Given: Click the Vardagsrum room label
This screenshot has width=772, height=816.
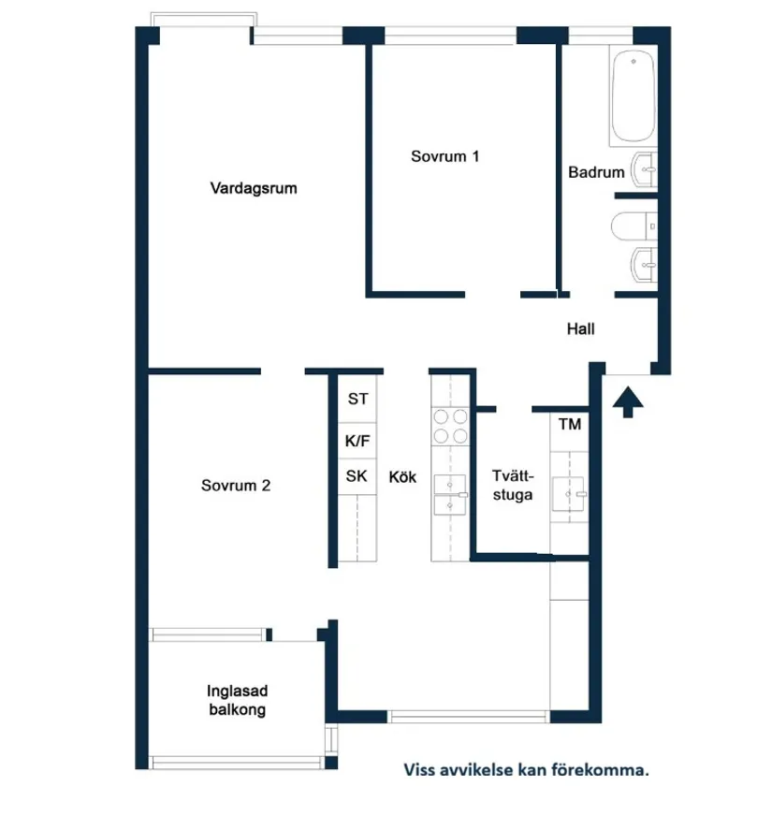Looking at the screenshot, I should point(254,188).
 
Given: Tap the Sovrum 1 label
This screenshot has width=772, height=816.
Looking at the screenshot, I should point(445,156).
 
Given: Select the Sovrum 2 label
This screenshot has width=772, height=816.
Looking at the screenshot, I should point(236,486).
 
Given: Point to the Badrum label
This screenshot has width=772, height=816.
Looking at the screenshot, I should point(596,172).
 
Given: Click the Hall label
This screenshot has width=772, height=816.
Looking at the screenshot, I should point(580,328).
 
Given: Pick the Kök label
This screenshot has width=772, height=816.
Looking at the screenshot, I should point(402,477).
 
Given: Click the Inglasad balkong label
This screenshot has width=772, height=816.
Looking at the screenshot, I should point(237,701).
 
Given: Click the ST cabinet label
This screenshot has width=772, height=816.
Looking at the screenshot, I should point(357,400).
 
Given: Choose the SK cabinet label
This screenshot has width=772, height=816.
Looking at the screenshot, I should point(357,476).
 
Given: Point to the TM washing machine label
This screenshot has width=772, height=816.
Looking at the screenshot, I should point(569,425).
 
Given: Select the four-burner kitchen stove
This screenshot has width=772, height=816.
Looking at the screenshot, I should point(451,427).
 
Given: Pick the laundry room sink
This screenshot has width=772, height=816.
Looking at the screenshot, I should point(569,492).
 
